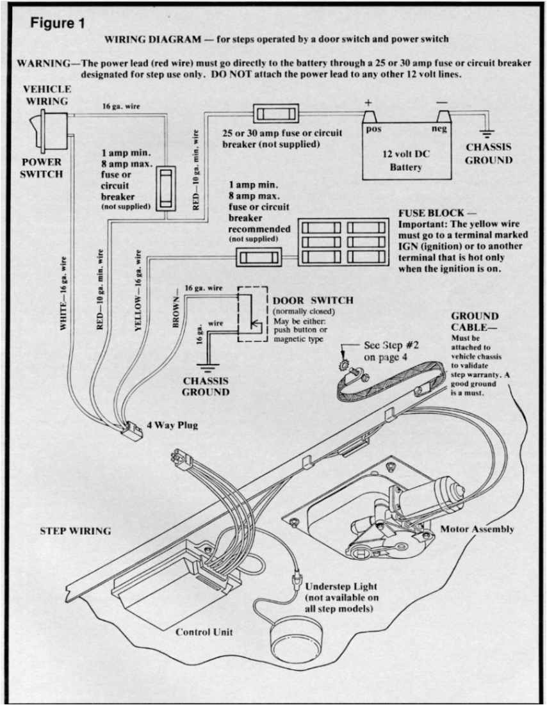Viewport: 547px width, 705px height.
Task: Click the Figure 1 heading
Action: (x=58, y=23)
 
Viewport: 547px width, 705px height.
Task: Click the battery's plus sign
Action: (x=368, y=102)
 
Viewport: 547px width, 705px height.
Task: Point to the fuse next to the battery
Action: (x=275, y=114)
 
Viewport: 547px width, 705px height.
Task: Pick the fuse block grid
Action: (x=345, y=242)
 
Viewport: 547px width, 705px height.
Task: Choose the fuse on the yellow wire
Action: (x=258, y=257)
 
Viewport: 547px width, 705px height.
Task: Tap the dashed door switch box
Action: (x=252, y=314)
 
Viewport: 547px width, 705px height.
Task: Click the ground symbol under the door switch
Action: (x=206, y=368)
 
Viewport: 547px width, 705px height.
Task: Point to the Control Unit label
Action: (x=204, y=632)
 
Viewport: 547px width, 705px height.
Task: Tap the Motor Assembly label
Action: (x=477, y=529)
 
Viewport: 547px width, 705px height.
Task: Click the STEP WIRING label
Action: (x=75, y=530)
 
